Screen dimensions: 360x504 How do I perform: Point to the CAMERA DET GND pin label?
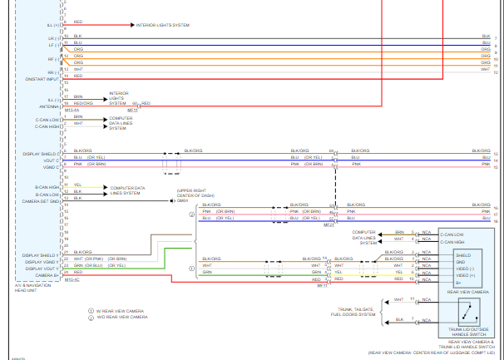click(40, 201)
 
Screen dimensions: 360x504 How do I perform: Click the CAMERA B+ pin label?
click(46, 275)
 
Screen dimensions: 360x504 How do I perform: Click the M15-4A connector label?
click(72, 109)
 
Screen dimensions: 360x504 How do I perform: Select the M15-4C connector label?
click(72, 279)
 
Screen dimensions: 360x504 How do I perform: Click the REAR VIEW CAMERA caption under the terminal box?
click(467, 293)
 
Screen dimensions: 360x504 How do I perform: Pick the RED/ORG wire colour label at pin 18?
click(84, 103)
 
